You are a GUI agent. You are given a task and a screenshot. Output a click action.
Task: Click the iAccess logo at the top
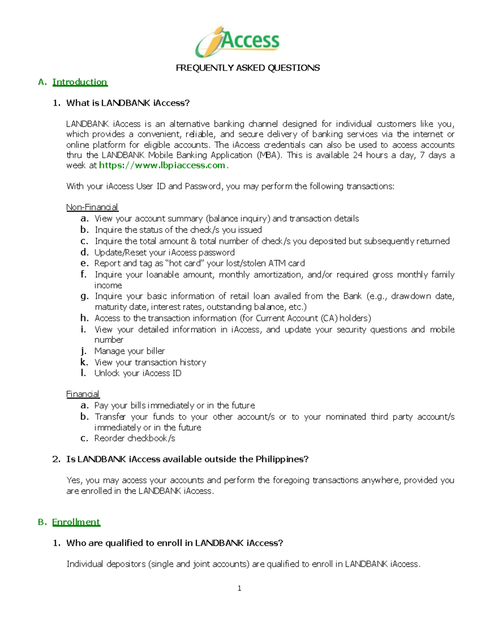pos(237,42)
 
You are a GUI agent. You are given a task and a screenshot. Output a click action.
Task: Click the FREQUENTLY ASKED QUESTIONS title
pos(248,68)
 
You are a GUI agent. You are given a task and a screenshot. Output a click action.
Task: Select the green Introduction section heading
pos(80,82)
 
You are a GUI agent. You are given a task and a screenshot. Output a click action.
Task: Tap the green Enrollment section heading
pos(76,522)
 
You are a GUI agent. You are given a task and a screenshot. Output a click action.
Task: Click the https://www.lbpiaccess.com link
pos(162,165)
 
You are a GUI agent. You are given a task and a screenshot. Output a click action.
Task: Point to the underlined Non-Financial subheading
pos(92,207)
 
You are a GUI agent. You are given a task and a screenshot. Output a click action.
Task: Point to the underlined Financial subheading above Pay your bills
pos(83,394)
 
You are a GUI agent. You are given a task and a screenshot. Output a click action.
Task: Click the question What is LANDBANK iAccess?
pos(128,103)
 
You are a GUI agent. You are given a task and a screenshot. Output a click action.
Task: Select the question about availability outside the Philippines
pos(187,459)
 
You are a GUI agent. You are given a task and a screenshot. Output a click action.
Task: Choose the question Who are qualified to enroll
pos(174,543)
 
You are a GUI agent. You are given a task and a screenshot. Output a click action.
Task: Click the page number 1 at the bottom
pos(239,589)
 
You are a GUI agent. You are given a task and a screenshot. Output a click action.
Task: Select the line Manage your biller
pos(129,351)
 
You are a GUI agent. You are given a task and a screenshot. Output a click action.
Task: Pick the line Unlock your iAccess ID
pos(138,373)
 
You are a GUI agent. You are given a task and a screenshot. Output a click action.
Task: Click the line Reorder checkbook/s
pos(135,438)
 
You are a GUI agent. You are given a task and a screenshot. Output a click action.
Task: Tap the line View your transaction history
pos(150,362)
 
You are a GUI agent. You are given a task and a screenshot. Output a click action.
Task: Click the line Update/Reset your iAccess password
pos(164,252)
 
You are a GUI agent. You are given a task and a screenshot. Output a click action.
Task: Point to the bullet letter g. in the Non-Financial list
pos(84,296)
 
